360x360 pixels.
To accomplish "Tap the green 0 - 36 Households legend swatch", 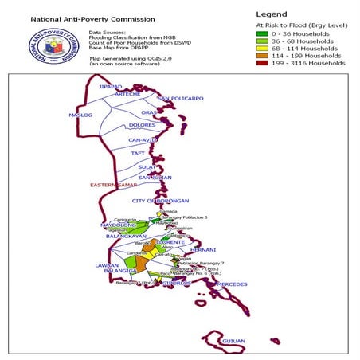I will click(260, 34).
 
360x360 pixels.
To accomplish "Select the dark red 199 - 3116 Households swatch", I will click(260, 63).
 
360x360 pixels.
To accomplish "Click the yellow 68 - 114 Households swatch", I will click(260, 49).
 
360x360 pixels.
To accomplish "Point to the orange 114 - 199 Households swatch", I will click(260, 56).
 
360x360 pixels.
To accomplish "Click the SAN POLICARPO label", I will click(181, 99).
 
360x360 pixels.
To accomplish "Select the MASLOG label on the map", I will click(80, 115).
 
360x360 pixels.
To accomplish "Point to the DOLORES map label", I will click(142, 125).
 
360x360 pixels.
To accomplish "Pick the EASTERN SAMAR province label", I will click(115, 185).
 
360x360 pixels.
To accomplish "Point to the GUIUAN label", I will click(233, 340).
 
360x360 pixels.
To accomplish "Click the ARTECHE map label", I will click(127, 94).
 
